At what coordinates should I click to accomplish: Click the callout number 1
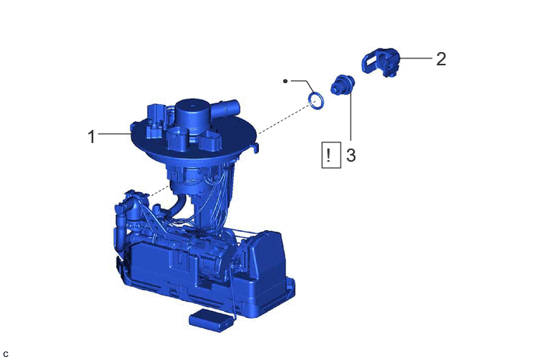coord(91,137)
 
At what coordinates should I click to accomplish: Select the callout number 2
coord(441,59)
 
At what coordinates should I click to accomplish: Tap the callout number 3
coord(351,155)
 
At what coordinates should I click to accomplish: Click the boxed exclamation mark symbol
coord(331,156)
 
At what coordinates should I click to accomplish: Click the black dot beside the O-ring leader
coord(285,81)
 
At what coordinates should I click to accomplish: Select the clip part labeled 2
coord(380,61)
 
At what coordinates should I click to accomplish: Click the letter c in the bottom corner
coord(5,355)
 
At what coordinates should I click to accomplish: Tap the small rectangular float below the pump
coord(212,320)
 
